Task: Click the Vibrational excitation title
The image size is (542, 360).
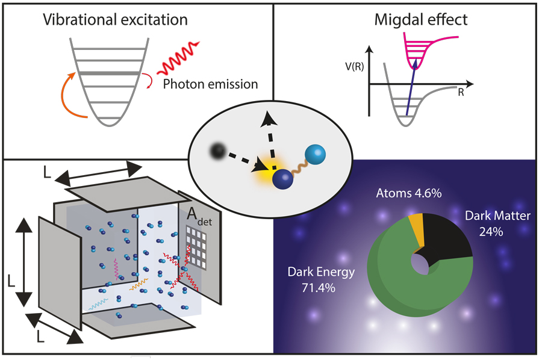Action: [x=115, y=19]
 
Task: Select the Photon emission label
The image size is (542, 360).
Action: [x=210, y=84]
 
